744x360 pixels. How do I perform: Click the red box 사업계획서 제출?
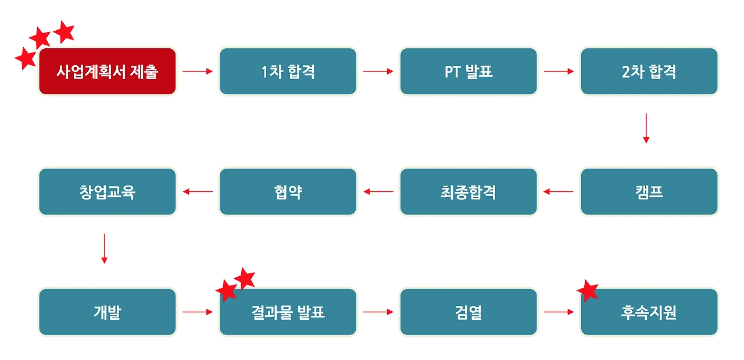click(x=107, y=72)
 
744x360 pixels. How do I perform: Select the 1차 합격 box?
click(x=288, y=72)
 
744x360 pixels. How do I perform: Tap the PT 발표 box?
click(x=468, y=72)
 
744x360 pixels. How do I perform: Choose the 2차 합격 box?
click(x=649, y=72)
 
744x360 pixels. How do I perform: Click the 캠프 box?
click(x=649, y=192)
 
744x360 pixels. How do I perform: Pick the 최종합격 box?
click(x=468, y=192)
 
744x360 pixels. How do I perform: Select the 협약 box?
click(x=288, y=192)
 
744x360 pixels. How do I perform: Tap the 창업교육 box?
click(x=107, y=192)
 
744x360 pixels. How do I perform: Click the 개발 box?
click(x=107, y=312)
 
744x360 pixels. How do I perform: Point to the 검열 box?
click(x=468, y=312)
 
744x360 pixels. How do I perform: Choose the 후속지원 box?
click(x=649, y=312)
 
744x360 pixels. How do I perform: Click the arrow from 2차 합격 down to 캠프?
click(x=646, y=128)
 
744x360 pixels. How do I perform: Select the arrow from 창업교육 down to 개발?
click(x=104, y=248)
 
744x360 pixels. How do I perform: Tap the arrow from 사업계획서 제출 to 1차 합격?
click(x=198, y=72)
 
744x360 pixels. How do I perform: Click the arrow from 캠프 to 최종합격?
click(x=559, y=191)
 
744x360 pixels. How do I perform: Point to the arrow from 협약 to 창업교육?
click(x=198, y=191)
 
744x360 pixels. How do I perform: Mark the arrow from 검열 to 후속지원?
click(x=559, y=312)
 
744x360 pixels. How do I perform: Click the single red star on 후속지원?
click(x=588, y=290)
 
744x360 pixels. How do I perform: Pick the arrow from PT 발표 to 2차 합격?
click(x=559, y=72)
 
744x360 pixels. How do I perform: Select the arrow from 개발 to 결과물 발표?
click(x=198, y=312)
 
